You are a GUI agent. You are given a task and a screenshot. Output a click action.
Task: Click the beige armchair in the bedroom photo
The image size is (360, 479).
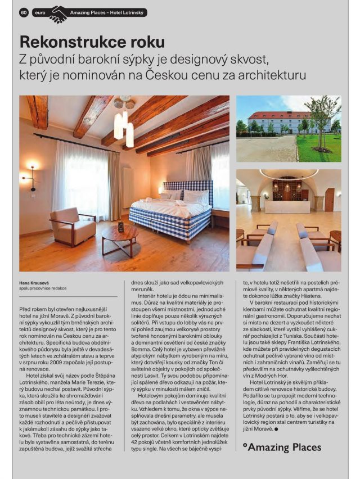point(71,225)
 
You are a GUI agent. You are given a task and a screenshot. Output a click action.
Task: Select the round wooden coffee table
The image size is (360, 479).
point(120,233)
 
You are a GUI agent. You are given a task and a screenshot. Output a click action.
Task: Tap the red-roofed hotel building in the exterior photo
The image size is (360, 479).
point(281,121)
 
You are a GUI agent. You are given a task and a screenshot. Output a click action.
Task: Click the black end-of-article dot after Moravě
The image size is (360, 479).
point(277,429)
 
